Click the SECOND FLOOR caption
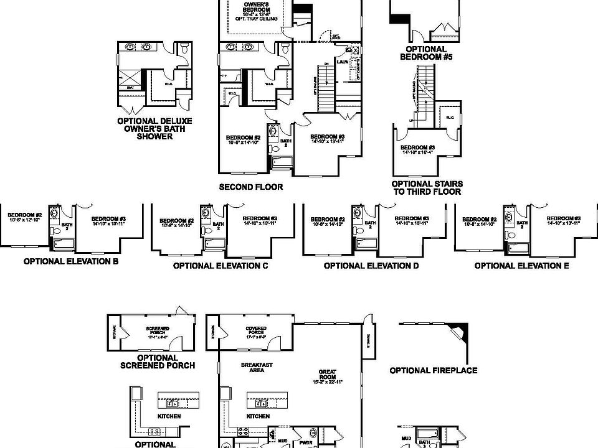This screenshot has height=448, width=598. [x=251, y=187]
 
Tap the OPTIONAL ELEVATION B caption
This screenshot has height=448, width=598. [x=71, y=261]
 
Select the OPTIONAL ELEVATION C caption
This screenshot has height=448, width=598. [x=221, y=266]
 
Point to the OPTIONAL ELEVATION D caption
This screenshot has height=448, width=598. [x=371, y=266]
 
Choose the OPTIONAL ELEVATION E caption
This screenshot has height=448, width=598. [x=522, y=266]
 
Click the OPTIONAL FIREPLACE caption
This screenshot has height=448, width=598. [x=434, y=371]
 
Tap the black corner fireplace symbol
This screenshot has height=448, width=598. [x=462, y=330]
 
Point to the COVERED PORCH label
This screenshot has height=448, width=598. [x=256, y=331]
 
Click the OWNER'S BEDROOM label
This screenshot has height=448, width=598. [x=255, y=11]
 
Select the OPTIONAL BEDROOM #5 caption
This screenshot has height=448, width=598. [x=426, y=53]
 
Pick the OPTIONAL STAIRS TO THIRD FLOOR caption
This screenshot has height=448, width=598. [x=426, y=188]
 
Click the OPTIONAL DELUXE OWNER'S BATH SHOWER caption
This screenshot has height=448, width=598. [x=154, y=128]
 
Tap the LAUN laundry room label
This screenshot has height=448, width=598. [x=343, y=62]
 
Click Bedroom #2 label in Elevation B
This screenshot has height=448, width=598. [x=25, y=217]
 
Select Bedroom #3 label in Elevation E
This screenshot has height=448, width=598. [x=563, y=220]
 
